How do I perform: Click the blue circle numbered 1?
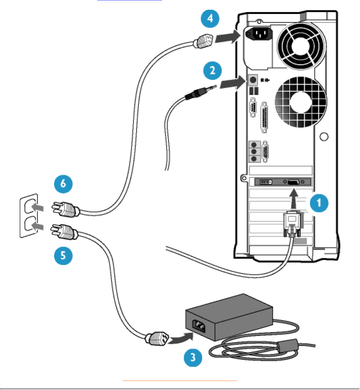pyautogui.click(x=319, y=203)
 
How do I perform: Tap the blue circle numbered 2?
pyautogui.click(x=212, y=71)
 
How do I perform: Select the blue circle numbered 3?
pyautogui.click(x=193, y=357)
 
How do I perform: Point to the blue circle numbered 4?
pyautogui.click(x=210, y=18)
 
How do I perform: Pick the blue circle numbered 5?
pyautogui.click(x=63, y=255)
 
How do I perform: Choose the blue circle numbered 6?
pyautogui.click(x=63, y=183)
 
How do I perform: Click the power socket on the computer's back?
pyautogui.click(x=258, y=34)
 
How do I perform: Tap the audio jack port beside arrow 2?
pyautogui.click(x=253, y=80)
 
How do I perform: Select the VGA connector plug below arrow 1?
pyautogui.click(x=292, y=223)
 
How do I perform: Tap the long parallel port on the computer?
pyautogui.click(x=265, y=117)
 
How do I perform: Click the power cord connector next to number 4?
pyautogui.click(x=204, y=41)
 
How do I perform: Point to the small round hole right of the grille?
pyautogui.click(x=324, y=137)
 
